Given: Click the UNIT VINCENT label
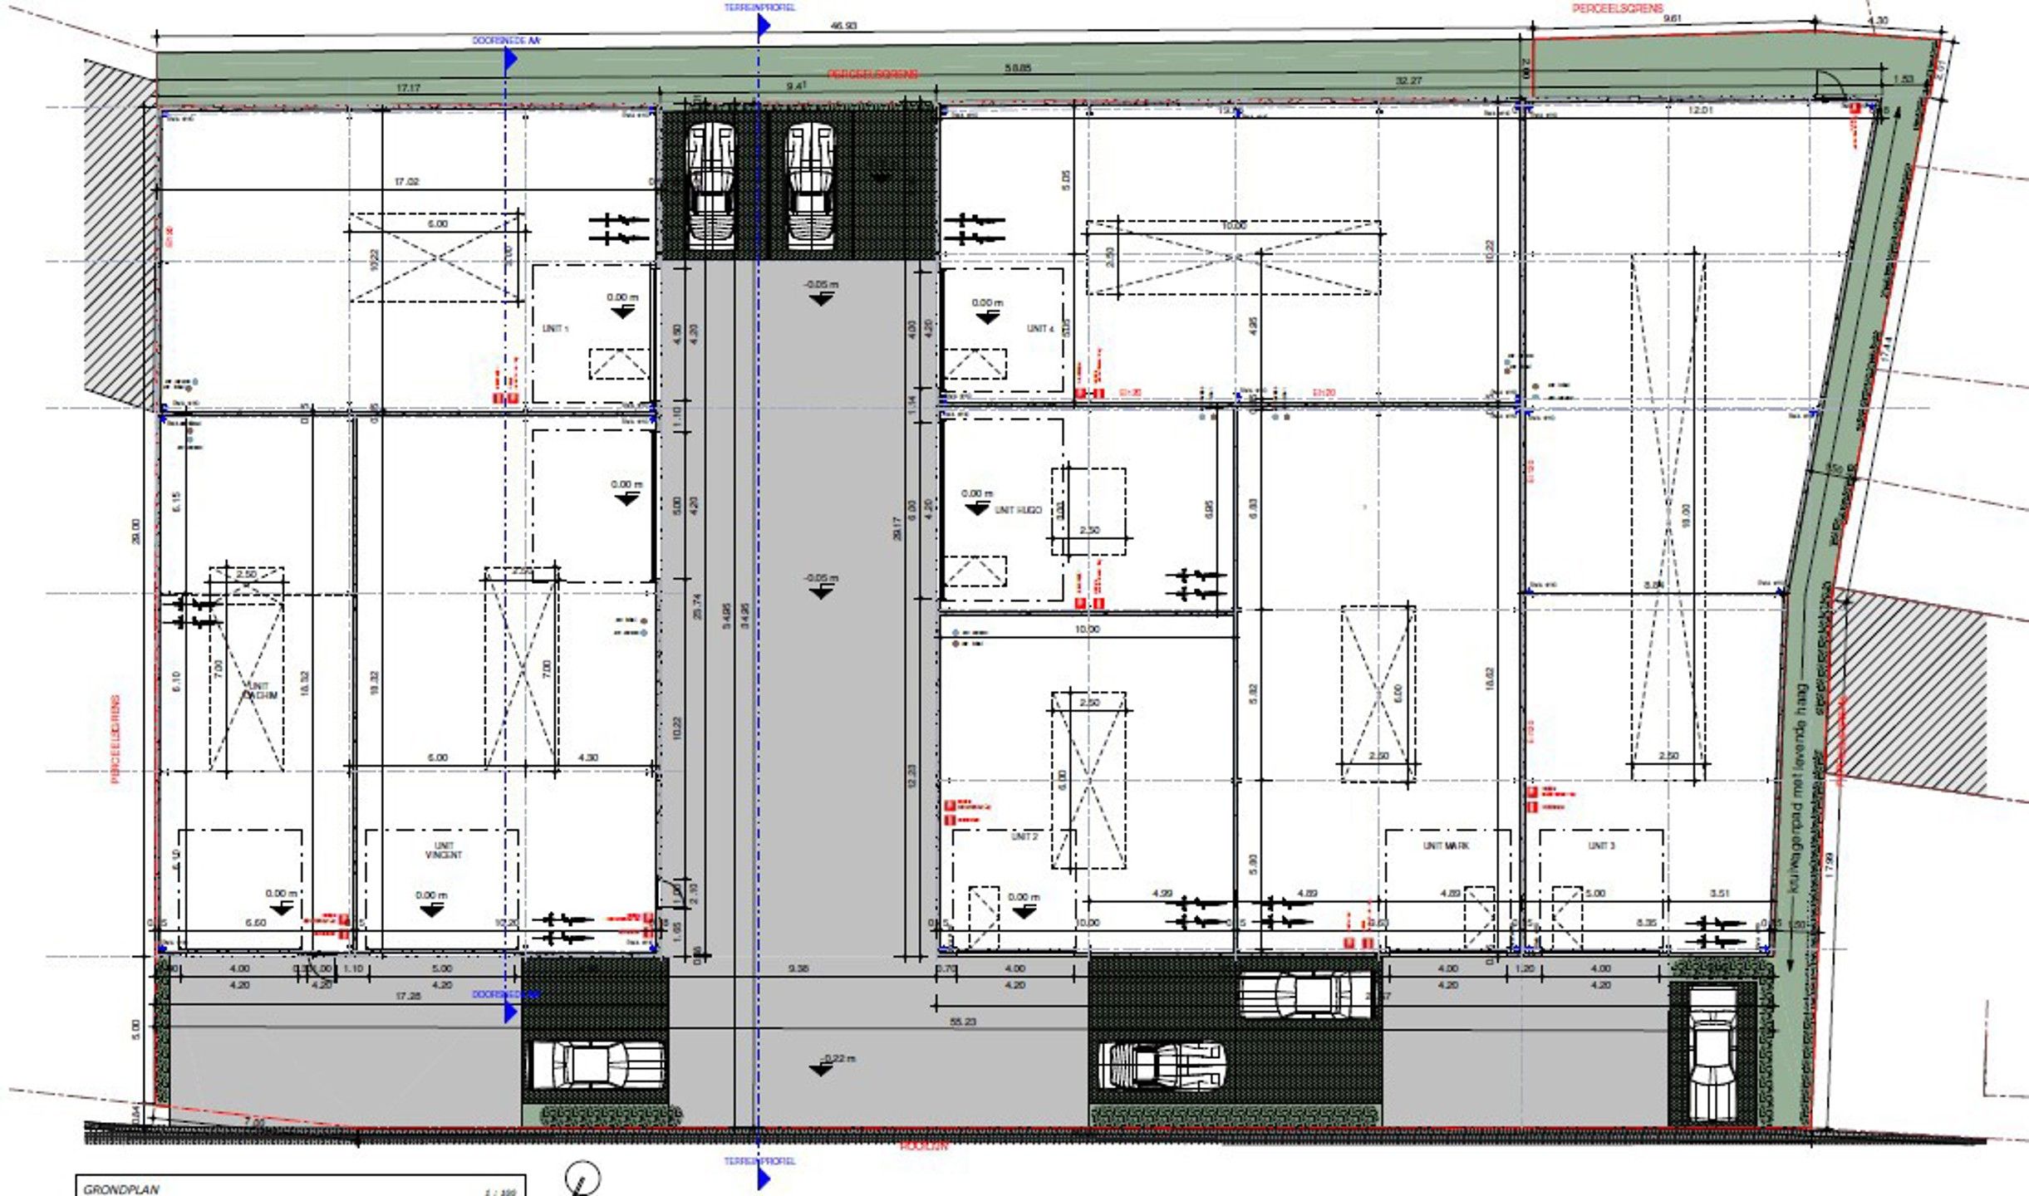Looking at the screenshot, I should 443,850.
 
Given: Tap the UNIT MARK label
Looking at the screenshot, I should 1447,846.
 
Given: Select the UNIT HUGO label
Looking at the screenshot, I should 1018,510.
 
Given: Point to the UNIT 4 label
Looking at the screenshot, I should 1040,329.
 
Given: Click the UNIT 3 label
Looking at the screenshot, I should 1601,846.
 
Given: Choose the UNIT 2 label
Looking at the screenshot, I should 1024,836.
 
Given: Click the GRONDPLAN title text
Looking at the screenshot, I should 121,1189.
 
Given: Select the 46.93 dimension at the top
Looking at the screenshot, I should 843,26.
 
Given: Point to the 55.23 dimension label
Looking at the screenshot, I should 962,1022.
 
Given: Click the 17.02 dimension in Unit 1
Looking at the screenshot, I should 406,181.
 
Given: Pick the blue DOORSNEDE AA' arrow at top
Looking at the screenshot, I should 510,58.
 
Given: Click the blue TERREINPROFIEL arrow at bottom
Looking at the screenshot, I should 763,1178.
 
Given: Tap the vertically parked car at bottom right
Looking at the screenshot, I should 1712,1055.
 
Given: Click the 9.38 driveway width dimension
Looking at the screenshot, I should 798,968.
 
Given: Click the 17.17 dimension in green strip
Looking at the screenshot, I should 408,87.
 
